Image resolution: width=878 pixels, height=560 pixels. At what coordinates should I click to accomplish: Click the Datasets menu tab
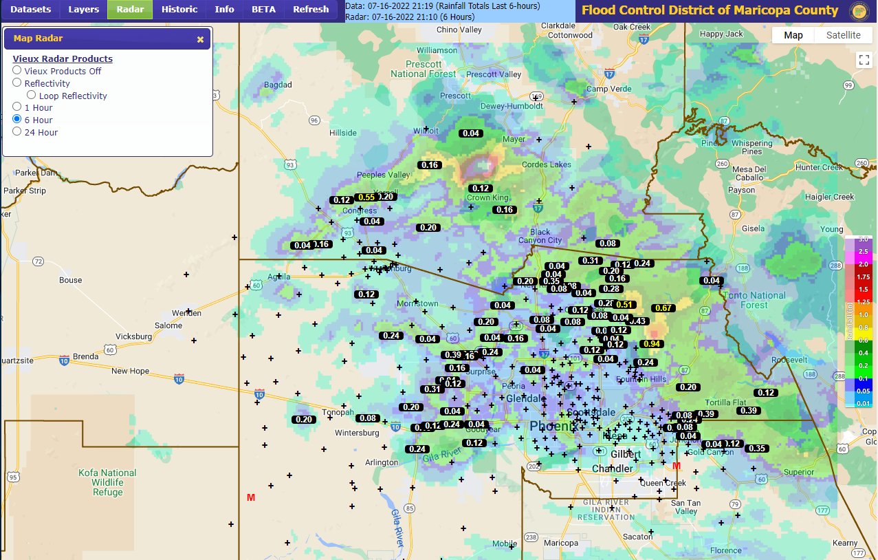click(x=30, y=10)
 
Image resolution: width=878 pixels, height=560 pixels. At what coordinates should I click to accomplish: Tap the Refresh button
click(x=311, y=10)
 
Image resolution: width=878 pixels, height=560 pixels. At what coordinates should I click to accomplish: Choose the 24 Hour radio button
click(x=17, y=132)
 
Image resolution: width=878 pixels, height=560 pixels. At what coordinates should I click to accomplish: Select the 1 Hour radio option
click(x=17, y=107)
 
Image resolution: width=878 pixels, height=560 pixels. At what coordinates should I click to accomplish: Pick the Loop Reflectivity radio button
click(x=32, y=96)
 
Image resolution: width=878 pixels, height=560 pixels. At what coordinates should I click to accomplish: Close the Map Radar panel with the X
click(x=200, y=39)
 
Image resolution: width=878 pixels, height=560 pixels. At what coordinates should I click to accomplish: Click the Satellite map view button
click(x=843, y=36)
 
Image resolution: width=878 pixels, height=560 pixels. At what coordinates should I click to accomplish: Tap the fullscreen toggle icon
click(x=864, y=60)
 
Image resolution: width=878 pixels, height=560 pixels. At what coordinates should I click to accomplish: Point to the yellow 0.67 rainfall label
click(x=663, y=308)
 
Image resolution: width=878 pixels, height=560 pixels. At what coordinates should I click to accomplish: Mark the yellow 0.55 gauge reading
click(x=366, y=197)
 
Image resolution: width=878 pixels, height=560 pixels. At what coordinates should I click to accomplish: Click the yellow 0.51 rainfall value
click(x=626, y=304)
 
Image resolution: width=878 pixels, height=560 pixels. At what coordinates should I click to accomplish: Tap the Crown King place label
click(x=487, y=198)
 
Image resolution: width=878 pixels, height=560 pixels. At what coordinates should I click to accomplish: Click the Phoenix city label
click(x=551, y=427)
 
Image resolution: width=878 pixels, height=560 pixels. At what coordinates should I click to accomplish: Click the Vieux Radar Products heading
click(x=63, y=58)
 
